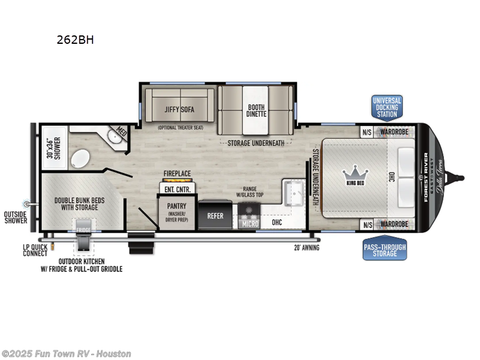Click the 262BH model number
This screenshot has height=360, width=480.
click(x=75, y=40)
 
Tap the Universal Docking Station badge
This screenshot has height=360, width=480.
click(x=386, y=107)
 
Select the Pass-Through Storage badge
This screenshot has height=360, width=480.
click(x=385, y=250)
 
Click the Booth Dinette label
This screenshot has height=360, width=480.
click(x=256, y=112)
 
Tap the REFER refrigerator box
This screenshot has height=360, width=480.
click(x=215, y=215)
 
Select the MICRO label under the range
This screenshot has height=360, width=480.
click(x=250, y=224)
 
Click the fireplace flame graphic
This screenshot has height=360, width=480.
click(x=177, y=181)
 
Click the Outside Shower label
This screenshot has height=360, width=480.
click(x=15, y=217)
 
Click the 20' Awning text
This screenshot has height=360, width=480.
click(x=306, y=247)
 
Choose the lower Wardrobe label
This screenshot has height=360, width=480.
click(x=393, y=224)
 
